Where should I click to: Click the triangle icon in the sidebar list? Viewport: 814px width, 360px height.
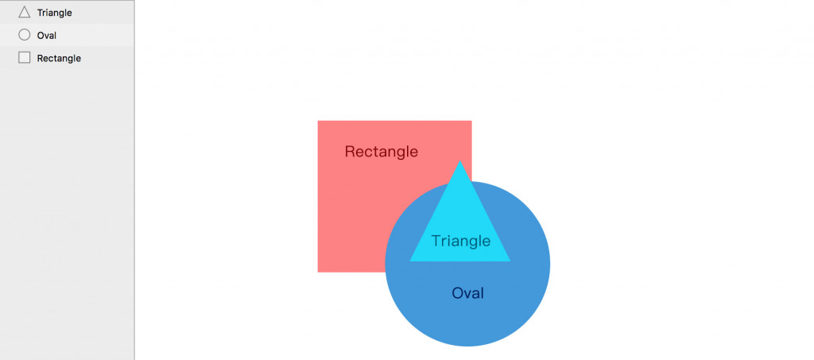coord(24,12)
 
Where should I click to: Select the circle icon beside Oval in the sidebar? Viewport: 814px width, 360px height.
coord(24,35)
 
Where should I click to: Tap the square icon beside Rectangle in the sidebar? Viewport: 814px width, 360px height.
coord(24,58)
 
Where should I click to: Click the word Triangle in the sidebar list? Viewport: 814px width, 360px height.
coord(54,13)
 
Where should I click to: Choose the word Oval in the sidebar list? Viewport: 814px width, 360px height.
coord(46,35)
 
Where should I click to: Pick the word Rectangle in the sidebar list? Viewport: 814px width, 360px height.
coord(59,58)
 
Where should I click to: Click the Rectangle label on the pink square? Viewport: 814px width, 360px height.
coord(381,152)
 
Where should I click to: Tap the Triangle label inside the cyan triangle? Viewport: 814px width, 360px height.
coord(460,241)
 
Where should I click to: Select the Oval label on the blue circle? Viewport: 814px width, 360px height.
coord(467,293)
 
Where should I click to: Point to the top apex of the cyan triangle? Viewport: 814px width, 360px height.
coord(459,161)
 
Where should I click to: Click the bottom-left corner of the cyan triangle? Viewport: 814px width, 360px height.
coord(410,261)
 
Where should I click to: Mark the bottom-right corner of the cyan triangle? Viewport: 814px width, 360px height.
coord(510,261)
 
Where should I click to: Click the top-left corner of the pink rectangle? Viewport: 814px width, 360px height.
coord(318,121)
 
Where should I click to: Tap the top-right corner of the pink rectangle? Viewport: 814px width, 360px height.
coord(471,121)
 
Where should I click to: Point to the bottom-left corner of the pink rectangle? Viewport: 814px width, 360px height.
coord(318,272)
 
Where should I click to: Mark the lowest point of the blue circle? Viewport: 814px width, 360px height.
coord(467,346)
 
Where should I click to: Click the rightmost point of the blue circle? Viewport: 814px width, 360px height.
coord(549,264)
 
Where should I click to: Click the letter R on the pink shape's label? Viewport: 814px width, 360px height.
coord(350,152)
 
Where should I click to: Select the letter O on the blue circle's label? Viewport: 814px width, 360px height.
coord(457,293)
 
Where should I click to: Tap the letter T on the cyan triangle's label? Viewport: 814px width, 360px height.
coord(436,241)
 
